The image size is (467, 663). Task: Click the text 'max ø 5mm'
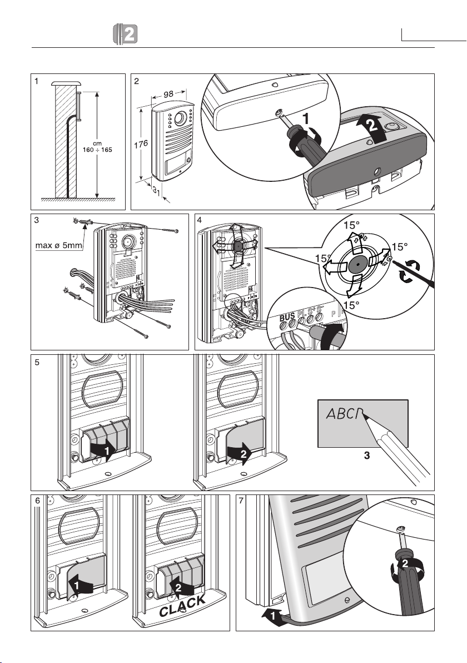click(x=56, y=246)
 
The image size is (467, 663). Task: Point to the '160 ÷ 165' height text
click(x=97, y=151)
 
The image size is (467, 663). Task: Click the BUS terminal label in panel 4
click(x=287, y=318)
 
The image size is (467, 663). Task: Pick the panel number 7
click(x=241, y=500)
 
